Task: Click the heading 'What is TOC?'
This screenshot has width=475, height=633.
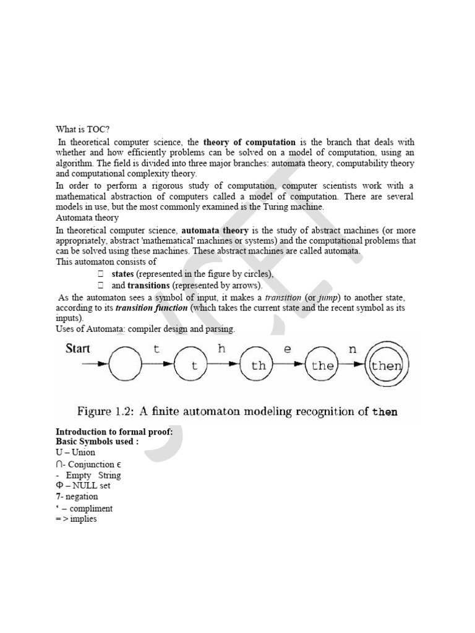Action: tap(82, 130)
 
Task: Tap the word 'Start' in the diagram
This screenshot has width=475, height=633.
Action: tap(78, 349)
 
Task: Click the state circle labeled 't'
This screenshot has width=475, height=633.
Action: tap(194, 365)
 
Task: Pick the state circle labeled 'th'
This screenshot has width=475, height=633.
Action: tap(259, 365)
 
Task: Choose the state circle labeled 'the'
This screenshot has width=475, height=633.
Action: tap(323, 365)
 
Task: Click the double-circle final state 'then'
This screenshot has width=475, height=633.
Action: tap(386, 365)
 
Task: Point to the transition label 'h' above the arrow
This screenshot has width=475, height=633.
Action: tap(222, 349)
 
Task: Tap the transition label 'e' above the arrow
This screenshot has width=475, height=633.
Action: tap(287, 349)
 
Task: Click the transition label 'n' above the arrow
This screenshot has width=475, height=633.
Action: tap(353, 349)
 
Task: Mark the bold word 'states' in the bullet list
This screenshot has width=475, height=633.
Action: tap(123, 274)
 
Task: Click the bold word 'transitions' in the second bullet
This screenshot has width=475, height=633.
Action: tap(148, 285)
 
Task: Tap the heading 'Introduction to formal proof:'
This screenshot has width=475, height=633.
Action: tap(114, 431)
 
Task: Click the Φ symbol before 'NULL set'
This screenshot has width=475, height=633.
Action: tap(59, 485)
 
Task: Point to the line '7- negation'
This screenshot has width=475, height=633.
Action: tap(77, 496)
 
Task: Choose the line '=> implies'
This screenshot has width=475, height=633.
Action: tap(76, 519)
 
